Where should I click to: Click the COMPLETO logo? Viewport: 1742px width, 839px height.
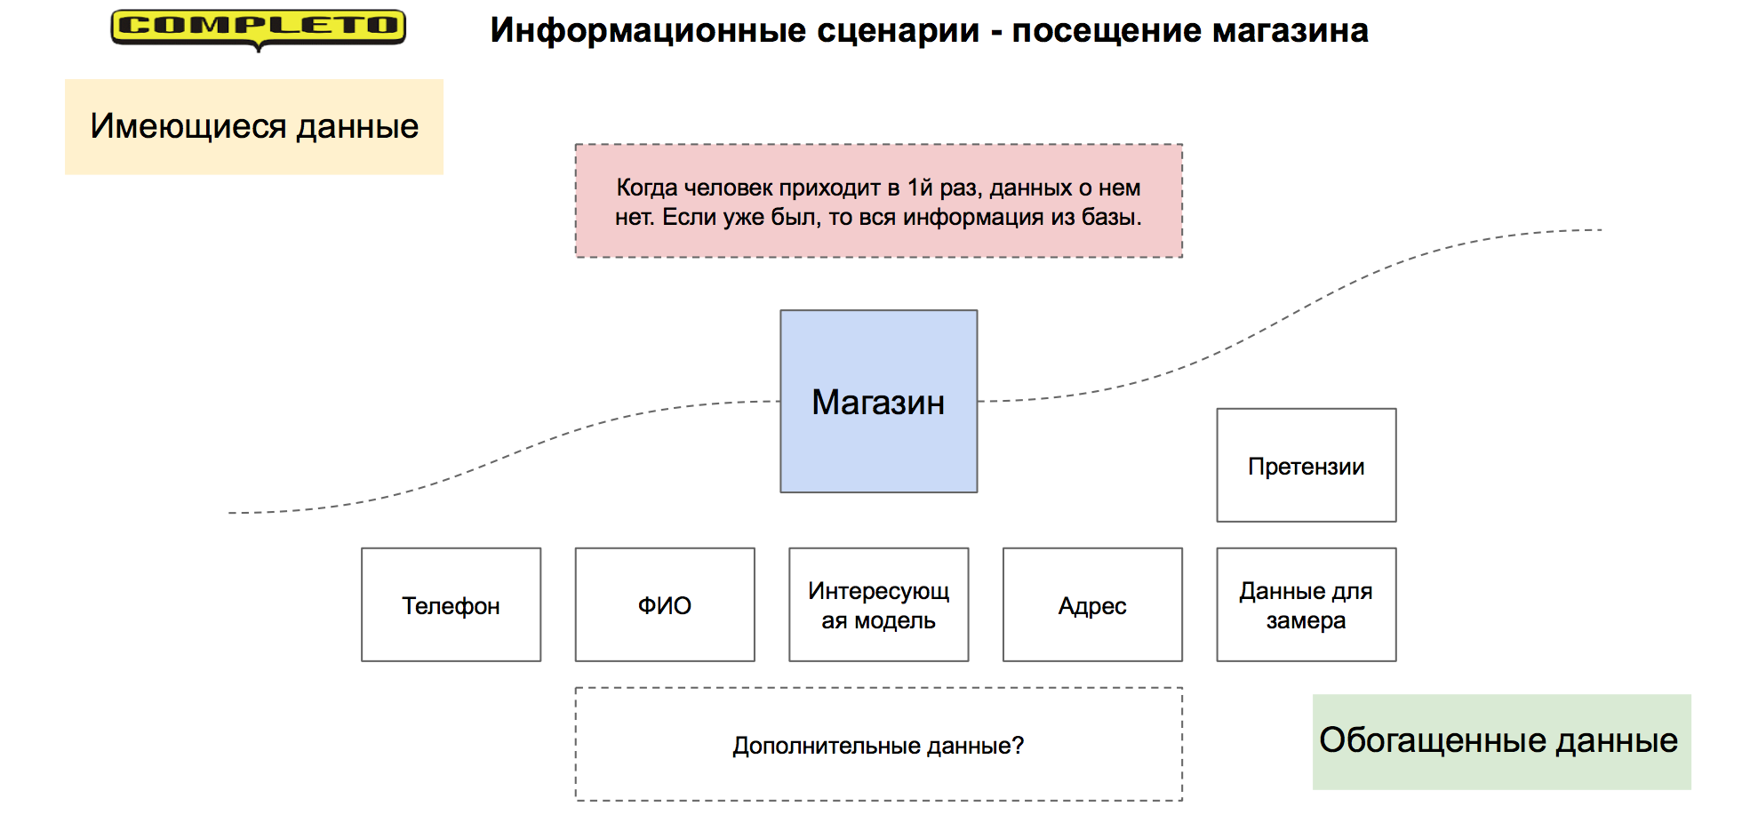click(x=258, y=29)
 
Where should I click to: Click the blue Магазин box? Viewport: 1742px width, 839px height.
click(x=879, y=401)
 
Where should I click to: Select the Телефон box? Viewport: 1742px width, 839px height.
click(x=451, y=604)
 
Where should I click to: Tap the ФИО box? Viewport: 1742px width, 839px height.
click(x=665, y=604)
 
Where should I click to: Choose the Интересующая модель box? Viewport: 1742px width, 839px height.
click(x=879, y=604)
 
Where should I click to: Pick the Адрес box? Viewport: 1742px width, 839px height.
click(x=1092, y=604)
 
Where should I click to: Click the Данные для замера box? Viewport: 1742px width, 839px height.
click(x=1306, y=604)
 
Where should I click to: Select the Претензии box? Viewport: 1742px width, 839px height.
click(x=1306, y=465)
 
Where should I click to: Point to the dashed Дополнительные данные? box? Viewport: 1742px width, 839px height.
click(x=879, y=744)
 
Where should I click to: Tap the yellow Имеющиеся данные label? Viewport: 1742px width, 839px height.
click(x=254, y=126)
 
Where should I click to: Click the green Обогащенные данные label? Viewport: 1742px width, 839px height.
click(x=1502, y=741)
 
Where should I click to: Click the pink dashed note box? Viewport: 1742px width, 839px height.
click(x=879, y=201)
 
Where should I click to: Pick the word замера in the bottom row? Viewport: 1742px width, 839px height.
click(x=1306, y=620)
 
